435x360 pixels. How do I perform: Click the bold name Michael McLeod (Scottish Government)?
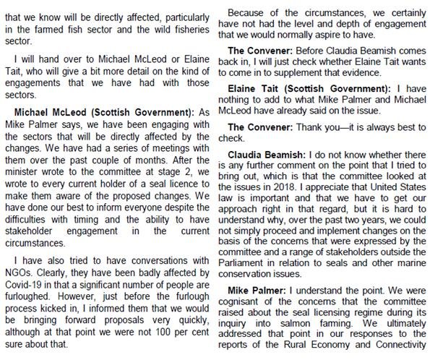[104, 114]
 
